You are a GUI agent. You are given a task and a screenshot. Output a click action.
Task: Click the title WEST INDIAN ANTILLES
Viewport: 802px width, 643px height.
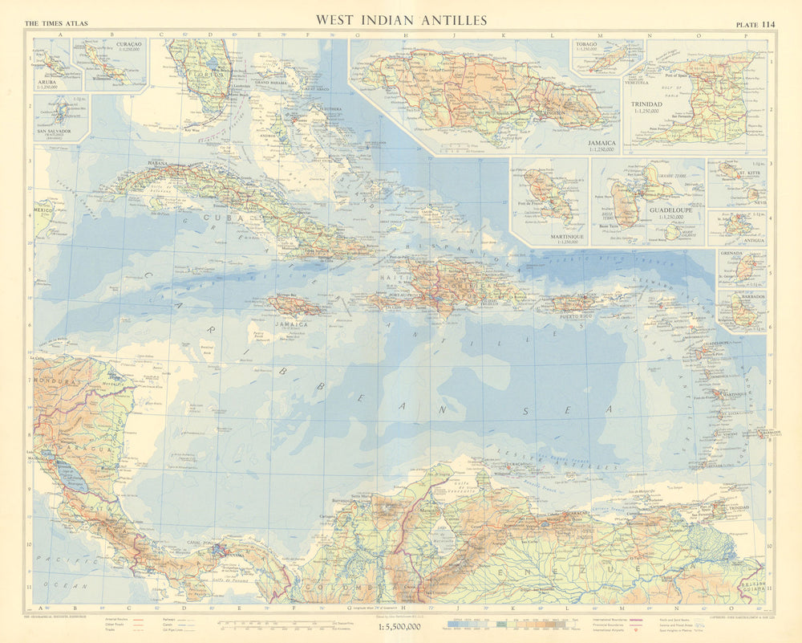point(401,19)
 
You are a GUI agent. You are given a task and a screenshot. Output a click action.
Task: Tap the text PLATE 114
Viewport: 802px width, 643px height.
point(755,22)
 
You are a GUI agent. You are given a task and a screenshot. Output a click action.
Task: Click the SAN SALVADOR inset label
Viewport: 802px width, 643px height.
point(52,130)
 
